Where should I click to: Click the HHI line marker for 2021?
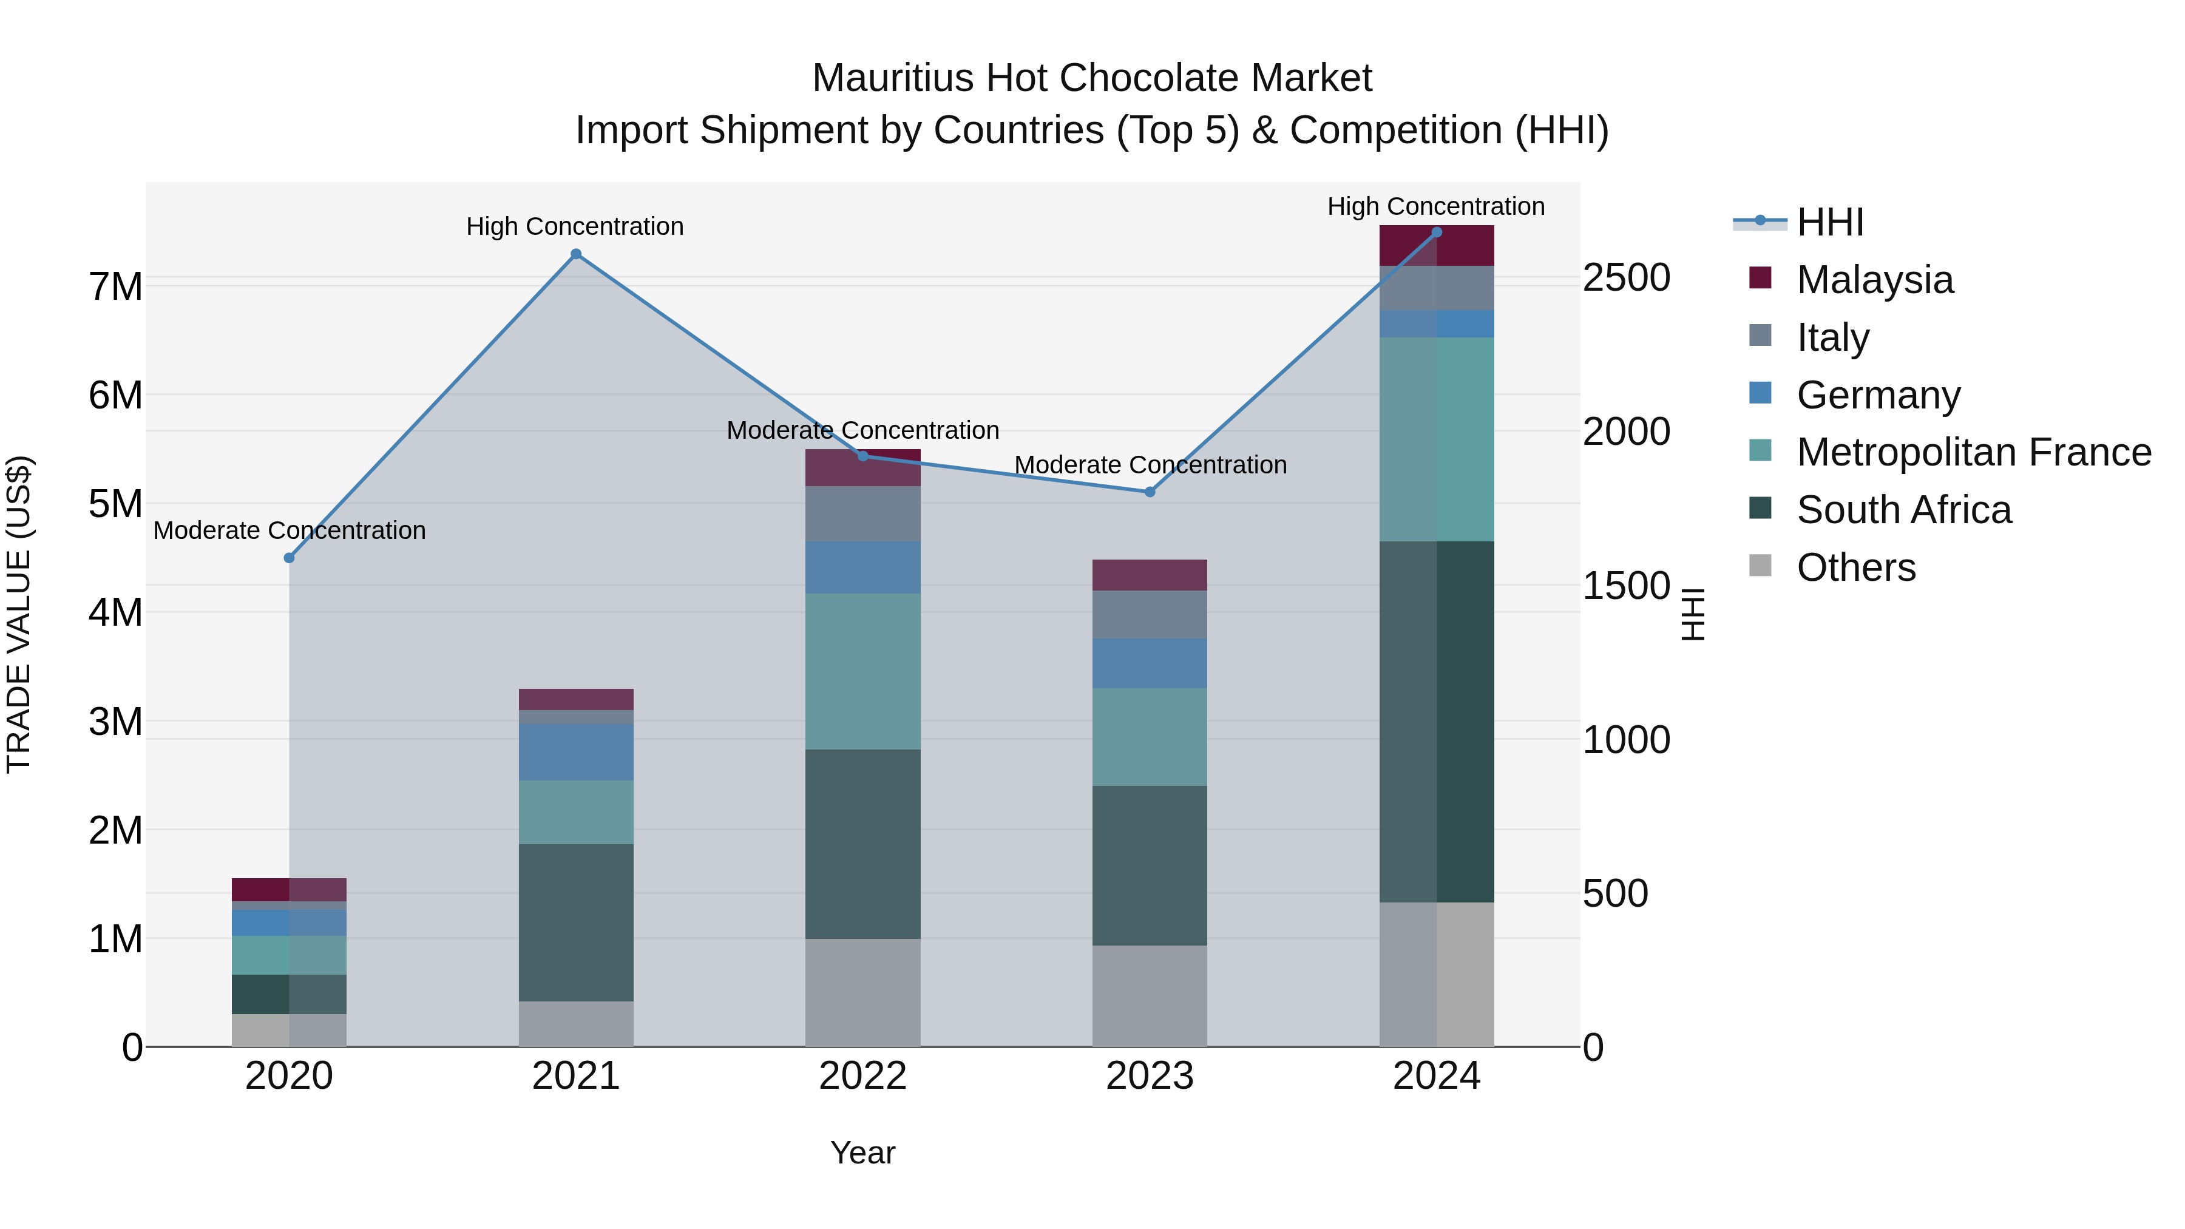(x=576, y=254)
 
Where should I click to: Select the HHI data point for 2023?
(x=1150, y=492)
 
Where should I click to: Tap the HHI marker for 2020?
(x=290, y=558)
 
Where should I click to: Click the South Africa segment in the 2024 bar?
(x=1436, y=721)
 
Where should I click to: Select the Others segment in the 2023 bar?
(x=1150, y=996)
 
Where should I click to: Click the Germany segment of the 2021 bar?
(x=576, y=751)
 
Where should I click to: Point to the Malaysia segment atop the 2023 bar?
(x=1150, y=575)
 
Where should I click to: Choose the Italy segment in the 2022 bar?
(x=862, y=514)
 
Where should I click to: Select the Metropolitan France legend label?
(x=1973, y=452)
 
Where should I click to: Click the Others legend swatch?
(x=1760, y=566)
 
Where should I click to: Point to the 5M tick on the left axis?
(x=116, y=504)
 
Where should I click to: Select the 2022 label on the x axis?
(x=862, y=1076)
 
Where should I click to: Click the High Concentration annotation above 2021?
(x=575, y=226)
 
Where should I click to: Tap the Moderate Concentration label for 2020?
(x=290, y=530)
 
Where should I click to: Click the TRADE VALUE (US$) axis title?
(x=19, y=614)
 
